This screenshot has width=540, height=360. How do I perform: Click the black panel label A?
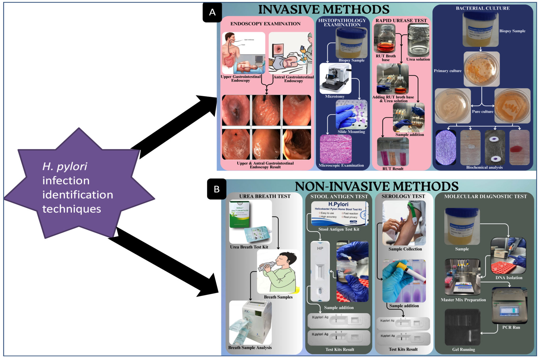click(x=212, y=12)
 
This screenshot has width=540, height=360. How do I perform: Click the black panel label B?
click(x=216, y=189)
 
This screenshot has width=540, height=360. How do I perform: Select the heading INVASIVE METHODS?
click(x=324, y=9)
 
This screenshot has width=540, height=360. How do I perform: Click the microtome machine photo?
click(x=335, y=79)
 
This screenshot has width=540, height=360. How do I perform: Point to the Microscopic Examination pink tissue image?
click(x=335, y=149)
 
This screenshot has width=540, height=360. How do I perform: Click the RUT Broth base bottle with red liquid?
click(x=384, y=39)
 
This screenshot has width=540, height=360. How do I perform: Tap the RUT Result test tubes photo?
click(x=393, y=152)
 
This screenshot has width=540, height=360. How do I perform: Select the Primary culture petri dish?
click(x=481, y=69)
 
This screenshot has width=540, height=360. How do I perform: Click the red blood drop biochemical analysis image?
click(x=519, y=147)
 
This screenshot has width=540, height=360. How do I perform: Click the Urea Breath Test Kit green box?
click(x=239, y=214)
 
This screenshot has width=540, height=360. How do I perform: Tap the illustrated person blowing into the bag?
click(x=278, y=272)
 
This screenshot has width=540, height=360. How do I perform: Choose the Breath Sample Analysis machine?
click(x=250, y=322)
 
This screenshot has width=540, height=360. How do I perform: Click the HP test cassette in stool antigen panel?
click(x=320, y=271)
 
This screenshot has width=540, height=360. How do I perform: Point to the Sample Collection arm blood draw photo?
click(x=404, y=223)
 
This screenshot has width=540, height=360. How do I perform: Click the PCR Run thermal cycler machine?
click(x=509, y=306)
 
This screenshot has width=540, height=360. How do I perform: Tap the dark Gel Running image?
click(x=462, y=327)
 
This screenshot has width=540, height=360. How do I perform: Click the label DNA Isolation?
click(x=509, y=277)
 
